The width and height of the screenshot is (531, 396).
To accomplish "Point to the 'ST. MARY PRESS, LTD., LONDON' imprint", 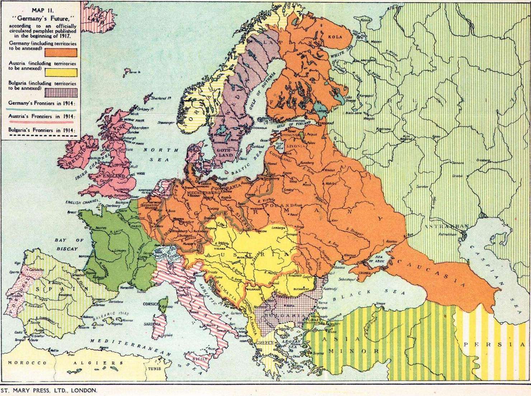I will point(49,390).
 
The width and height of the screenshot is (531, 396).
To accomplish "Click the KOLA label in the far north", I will point(334,37).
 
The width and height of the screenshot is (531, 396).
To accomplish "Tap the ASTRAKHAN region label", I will point(446,226).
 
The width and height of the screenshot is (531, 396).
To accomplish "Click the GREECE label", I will point(264,343).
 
